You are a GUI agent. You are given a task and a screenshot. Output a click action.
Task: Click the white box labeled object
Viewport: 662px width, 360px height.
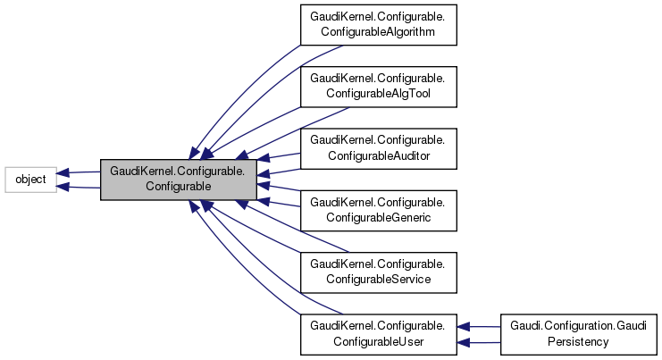click(31, 180)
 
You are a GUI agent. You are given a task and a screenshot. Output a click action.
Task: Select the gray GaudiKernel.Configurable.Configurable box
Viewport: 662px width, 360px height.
click(179, 180)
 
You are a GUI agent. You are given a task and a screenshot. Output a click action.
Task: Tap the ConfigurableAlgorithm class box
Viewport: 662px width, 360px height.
click(379, 24)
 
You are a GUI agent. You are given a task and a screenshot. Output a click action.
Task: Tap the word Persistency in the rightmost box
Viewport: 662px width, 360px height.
click(579, 342)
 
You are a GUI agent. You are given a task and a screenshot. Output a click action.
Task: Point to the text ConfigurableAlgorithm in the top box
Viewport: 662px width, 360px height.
click(379, 32)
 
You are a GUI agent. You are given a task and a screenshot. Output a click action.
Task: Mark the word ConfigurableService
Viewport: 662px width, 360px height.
click(379, 280)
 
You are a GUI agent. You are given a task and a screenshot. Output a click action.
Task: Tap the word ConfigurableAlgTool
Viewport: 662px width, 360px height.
click(379, 94)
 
